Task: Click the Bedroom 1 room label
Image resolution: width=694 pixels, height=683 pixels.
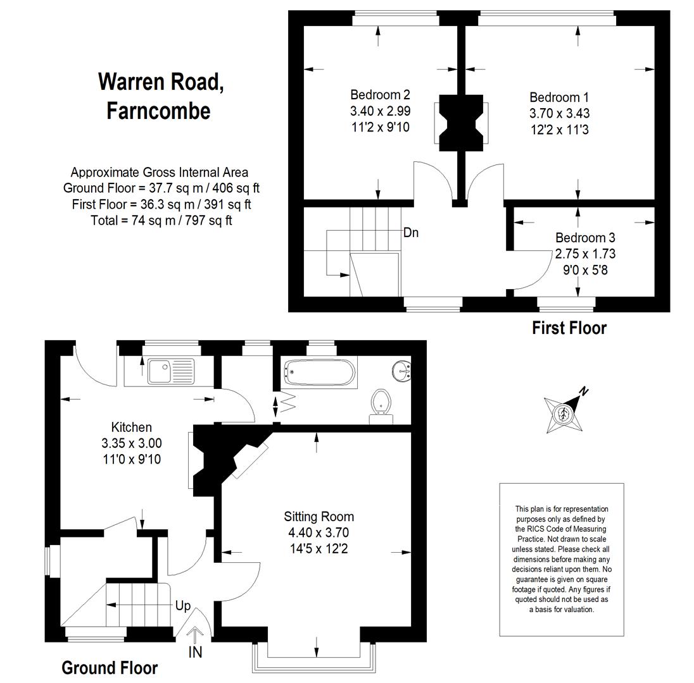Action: (x=559, y=97)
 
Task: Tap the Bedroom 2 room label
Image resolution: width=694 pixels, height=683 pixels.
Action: (x=380, y=95)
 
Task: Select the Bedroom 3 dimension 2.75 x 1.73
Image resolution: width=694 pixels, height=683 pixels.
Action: (x=585, y=254)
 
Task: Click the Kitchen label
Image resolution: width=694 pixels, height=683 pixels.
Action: (x=132, y=427)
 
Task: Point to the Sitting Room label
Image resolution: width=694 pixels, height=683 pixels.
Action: (x=319, y=516)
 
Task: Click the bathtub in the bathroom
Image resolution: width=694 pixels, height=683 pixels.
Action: (x=319, y=372)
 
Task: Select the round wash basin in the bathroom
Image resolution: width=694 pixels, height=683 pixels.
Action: (x=401, y=371)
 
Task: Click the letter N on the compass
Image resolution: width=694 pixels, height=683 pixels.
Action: (x=584, y=391)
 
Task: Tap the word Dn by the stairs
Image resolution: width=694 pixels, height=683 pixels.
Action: (x=411, y=233)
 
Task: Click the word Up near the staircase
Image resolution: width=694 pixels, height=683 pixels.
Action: (x=183, y=606)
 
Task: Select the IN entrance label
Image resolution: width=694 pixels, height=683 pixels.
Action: (x=195, y=652)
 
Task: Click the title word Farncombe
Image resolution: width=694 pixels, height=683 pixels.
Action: (x=158, y=111)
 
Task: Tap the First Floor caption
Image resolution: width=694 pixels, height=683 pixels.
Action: (x=569, y=328)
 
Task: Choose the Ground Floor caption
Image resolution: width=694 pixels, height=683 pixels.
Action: (x=110, y=668)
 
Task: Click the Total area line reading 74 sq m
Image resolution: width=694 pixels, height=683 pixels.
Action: (x=161, y=220)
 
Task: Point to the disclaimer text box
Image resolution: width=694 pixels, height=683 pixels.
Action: (x=562, y=559)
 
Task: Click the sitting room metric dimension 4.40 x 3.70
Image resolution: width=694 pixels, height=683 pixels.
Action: (x=319, y=532)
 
